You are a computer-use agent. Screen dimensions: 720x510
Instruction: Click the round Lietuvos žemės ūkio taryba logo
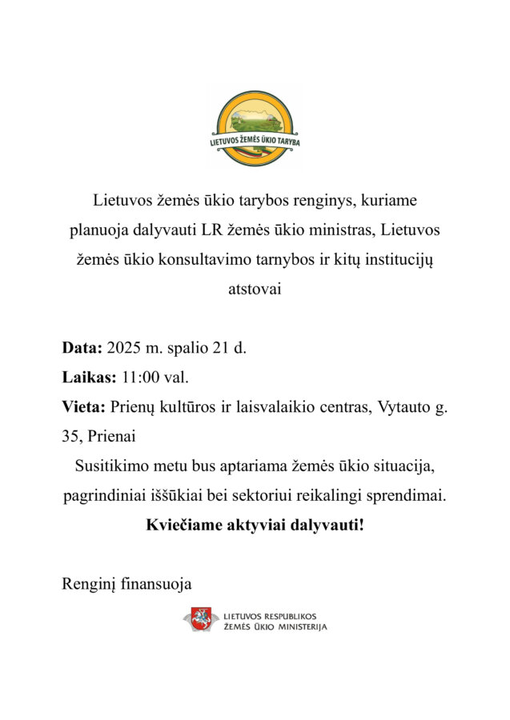255,127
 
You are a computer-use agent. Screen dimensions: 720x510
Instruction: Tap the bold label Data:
82,348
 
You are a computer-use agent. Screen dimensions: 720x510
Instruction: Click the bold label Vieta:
84,406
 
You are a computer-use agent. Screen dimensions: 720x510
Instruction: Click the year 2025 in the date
122,348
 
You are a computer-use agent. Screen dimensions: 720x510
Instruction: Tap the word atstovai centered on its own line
255,290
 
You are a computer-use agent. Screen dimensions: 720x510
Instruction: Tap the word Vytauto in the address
401,406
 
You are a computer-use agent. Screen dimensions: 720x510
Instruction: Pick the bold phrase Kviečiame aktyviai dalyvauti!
255,526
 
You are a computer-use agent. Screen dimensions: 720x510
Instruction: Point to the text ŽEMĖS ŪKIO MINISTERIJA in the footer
276,626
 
